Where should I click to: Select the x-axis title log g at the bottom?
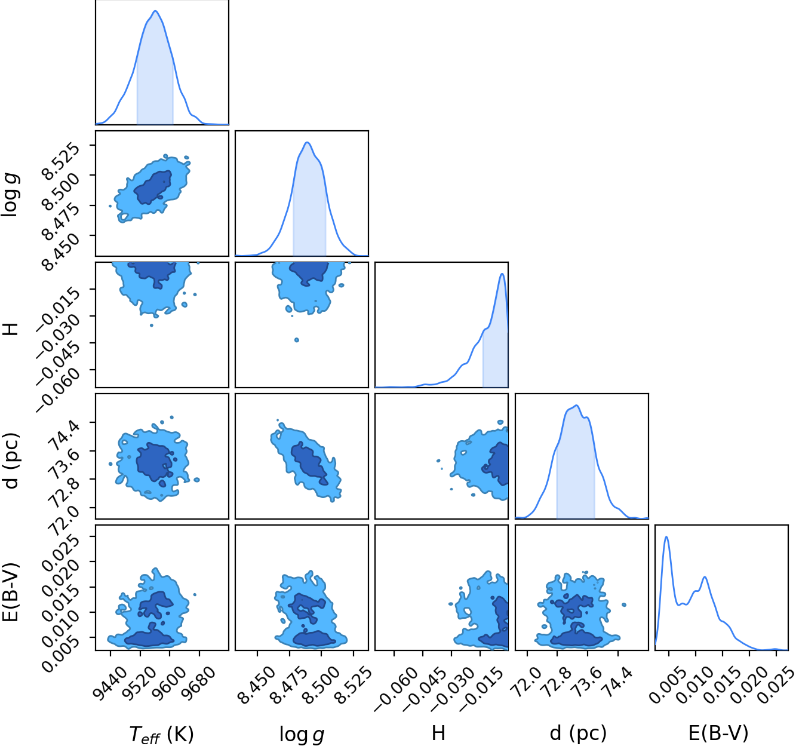(x=302, y=734)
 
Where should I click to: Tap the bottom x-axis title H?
(x=438, y=733)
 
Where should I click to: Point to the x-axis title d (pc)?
(x=578, y=733)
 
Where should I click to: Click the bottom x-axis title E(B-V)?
(x=718, y=733)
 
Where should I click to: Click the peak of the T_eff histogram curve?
(x=155, y=11)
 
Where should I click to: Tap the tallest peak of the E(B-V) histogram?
(x=666, y=536)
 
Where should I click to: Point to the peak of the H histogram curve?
(x=502, y=274)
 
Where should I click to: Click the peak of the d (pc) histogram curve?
(x=576, y=406)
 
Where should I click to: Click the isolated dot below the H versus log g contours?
(x=297, y=340)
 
